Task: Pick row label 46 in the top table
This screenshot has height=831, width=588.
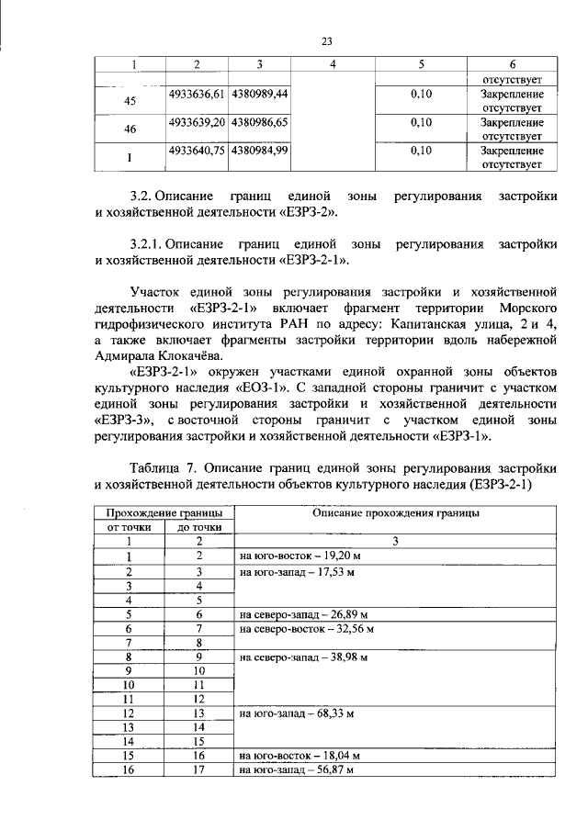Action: (130, 129)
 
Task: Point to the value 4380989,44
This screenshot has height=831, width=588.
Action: (260, 94)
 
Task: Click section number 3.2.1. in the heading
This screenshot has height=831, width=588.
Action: (153, 245)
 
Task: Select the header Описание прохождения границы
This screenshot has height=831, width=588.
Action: (396, 514)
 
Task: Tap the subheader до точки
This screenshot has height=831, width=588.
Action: (198, 528)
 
